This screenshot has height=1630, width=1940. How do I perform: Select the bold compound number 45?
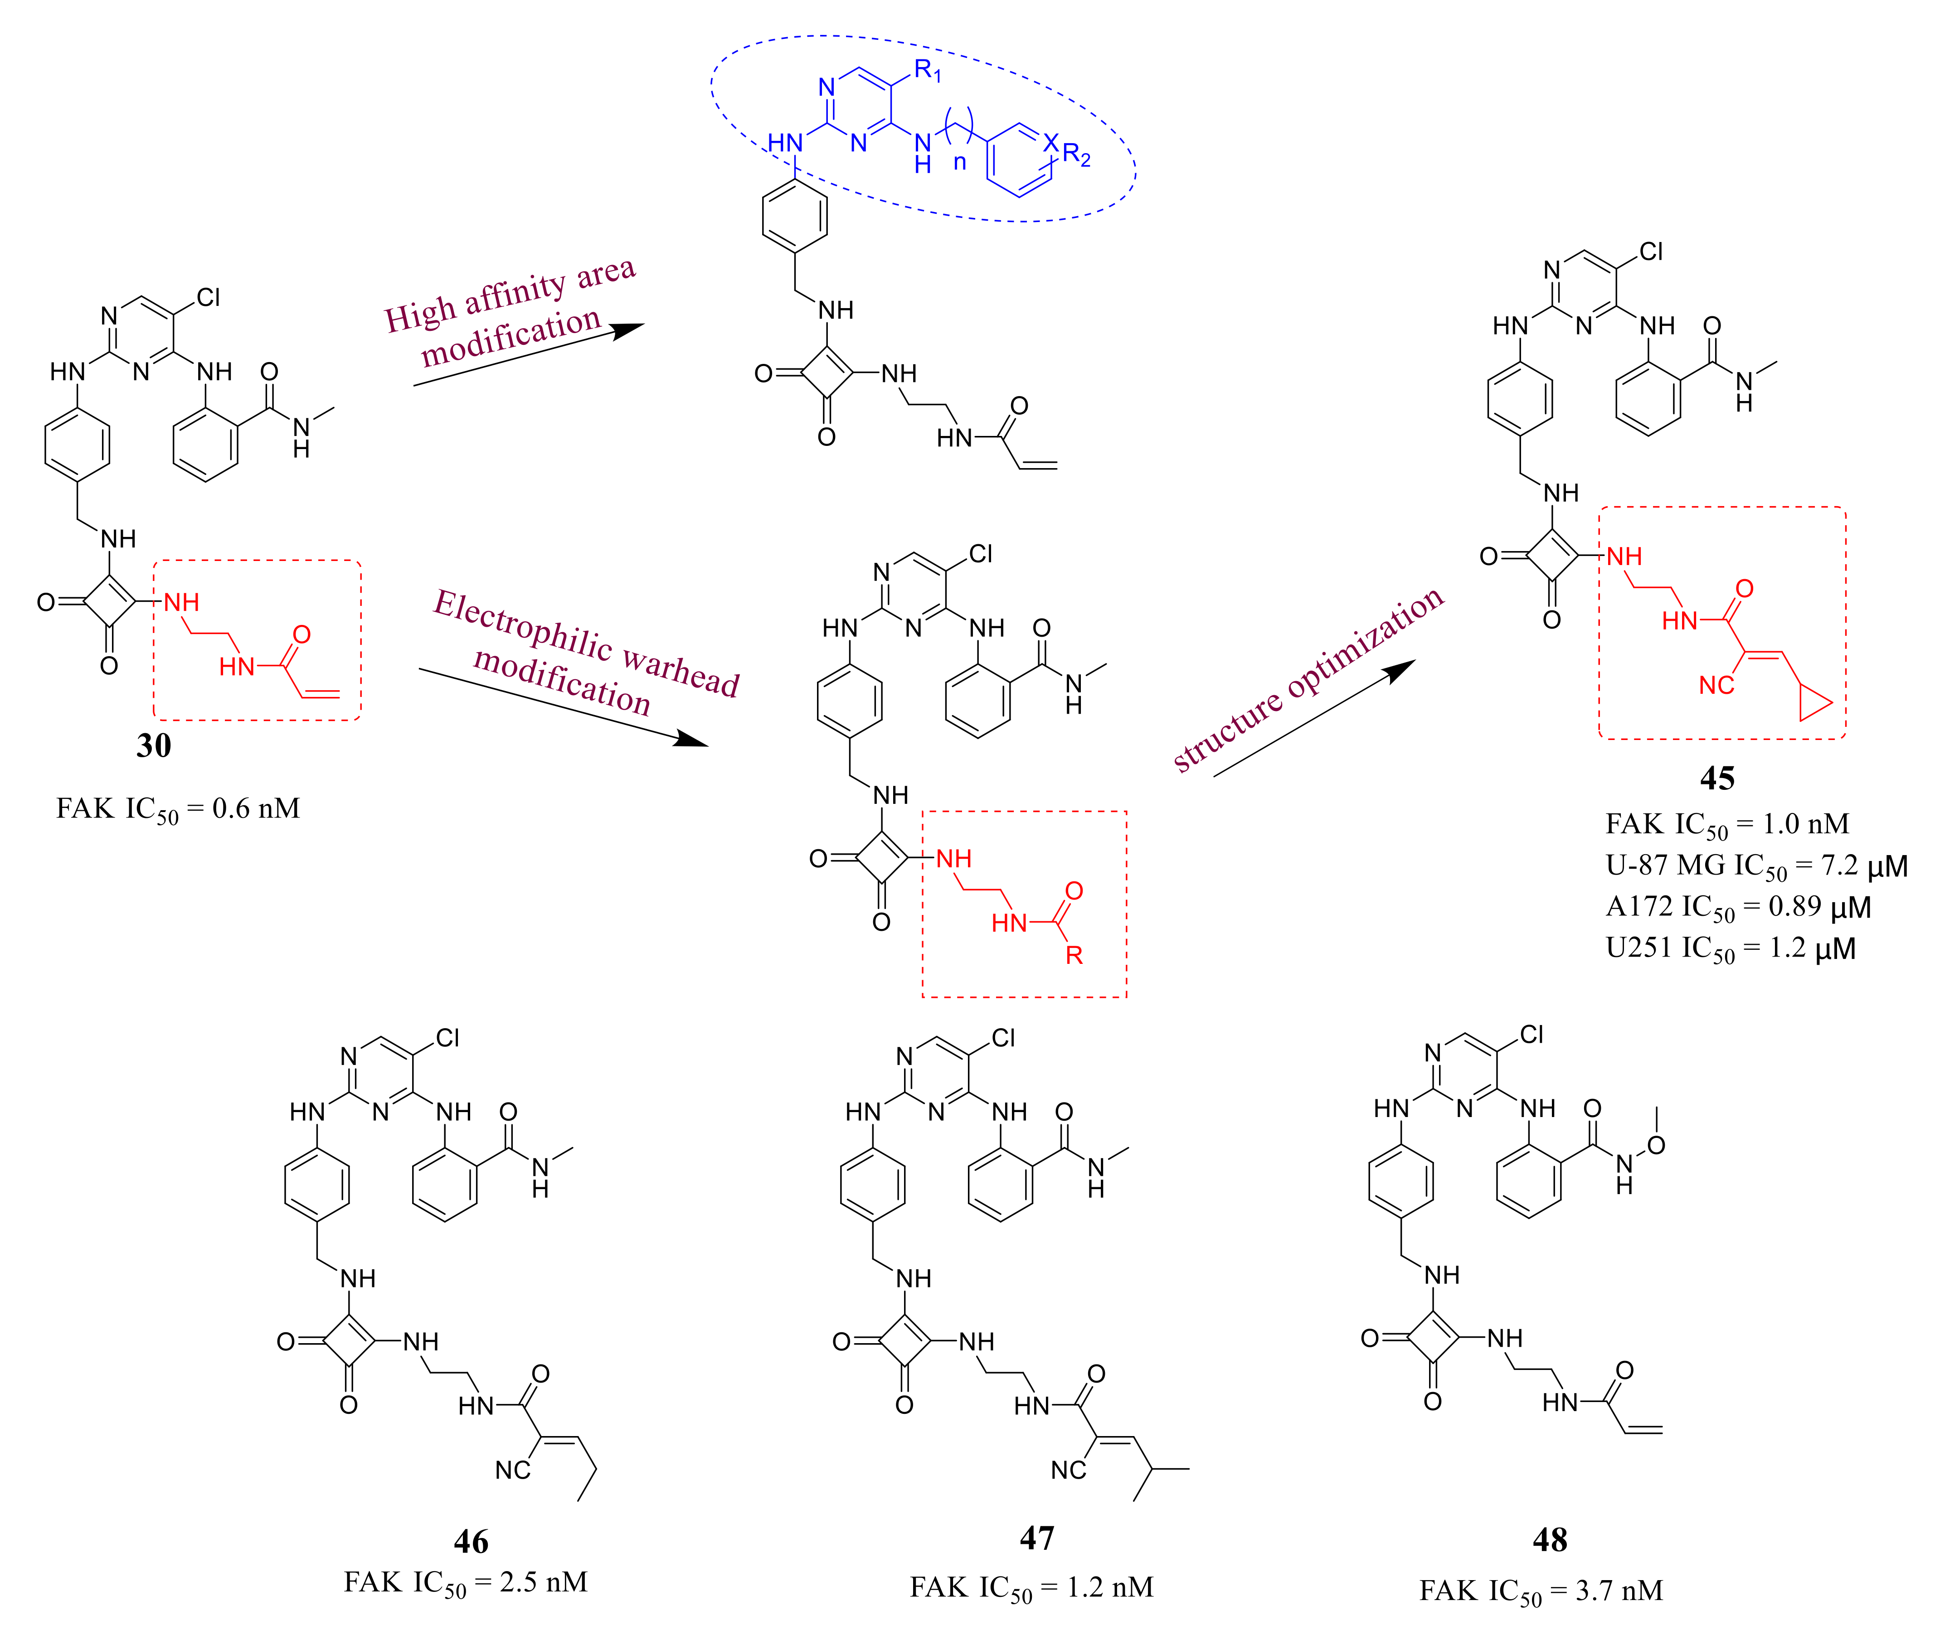(1716, 778)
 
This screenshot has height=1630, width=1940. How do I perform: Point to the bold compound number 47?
(1036, 1538)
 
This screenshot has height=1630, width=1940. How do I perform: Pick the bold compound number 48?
(1550, 1539)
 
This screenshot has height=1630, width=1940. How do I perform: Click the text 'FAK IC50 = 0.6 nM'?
(177, 809)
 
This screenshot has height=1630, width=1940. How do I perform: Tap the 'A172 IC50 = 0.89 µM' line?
(1738, 907)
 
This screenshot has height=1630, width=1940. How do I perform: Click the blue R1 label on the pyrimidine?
(927, 70)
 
